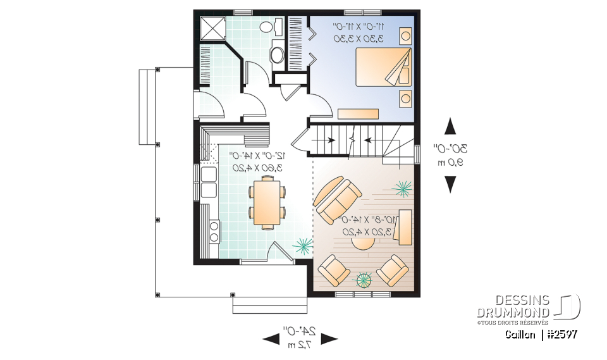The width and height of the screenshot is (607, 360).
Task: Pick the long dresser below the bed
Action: click(x=358, y=113)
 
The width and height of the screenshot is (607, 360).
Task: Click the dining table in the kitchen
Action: click(x=266, y=202)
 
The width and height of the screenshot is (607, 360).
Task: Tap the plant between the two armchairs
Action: click(x=364, y=280)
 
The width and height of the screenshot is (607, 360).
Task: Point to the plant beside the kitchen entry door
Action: click(x=302, y=245)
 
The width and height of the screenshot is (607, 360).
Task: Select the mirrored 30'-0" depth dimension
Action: click(x=450, y=149)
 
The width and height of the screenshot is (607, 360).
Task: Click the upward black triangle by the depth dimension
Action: click(x=450, y=127)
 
